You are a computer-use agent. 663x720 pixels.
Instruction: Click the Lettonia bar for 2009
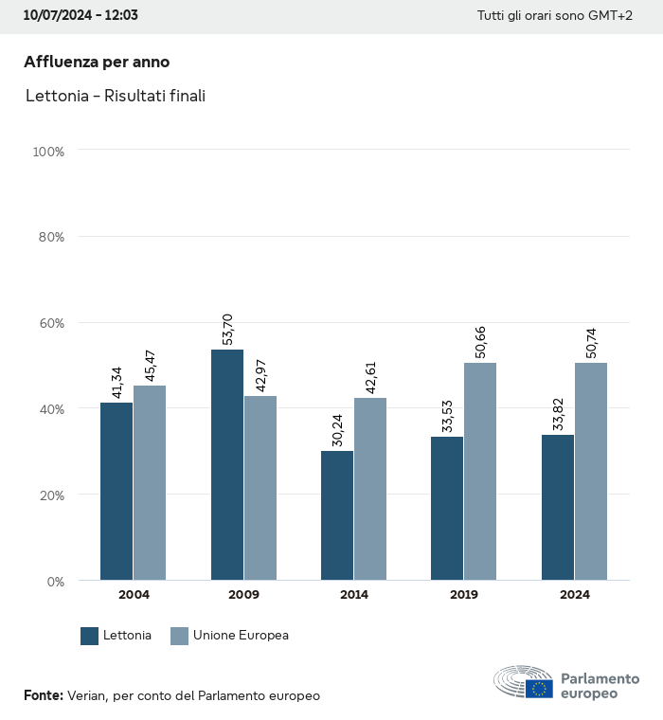[227, 464]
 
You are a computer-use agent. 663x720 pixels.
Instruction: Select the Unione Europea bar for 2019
[480, 471]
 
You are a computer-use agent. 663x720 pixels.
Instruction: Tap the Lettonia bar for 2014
[337, 515]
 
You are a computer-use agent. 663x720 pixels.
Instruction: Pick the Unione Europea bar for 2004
[150, 482]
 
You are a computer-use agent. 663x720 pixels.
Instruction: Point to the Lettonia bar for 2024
[558, 507]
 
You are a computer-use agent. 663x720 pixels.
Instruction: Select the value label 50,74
[590, 343]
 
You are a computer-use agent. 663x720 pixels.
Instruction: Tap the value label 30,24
[337, 430]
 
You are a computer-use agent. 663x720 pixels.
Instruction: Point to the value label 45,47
[150, 366]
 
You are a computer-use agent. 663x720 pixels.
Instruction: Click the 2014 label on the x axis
[354, 595]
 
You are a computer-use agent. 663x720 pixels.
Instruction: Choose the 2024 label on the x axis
[574, 595]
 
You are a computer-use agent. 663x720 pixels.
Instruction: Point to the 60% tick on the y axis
[48, 323]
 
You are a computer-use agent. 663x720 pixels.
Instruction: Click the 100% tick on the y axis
[47, 152]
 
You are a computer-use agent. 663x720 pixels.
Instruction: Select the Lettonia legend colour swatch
[90, 636]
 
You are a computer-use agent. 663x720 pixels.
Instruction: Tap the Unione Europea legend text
[241, 636]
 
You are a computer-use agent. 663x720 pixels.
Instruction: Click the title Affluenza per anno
[97, 62]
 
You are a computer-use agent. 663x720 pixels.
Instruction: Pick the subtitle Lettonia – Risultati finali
[116, 96]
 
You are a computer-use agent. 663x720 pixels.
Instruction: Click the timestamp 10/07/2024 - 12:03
[81, 16]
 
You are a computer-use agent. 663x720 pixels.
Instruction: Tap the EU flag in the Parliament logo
[540, 688]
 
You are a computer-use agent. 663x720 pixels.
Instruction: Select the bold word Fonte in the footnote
[43, 695]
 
